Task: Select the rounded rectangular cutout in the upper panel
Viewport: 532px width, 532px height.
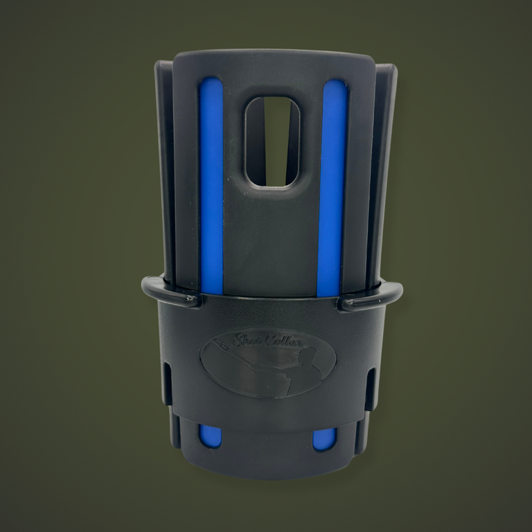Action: pos(272,141)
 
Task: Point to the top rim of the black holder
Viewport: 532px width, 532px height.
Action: pos(272,58)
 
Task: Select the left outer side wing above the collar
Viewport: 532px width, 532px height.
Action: pos(165,173)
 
